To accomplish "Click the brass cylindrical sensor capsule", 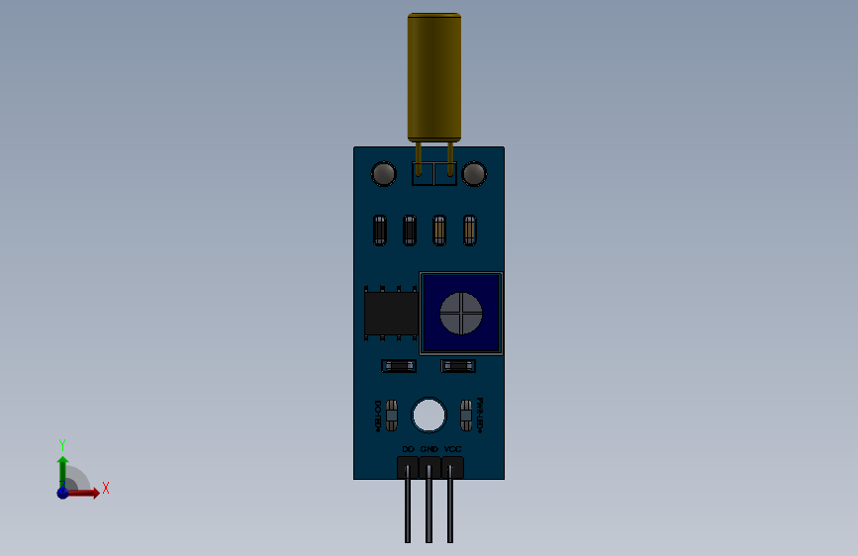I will pyautogui.click(x=433, y=76).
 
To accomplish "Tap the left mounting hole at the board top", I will pyautogui.click(x=383, y=174).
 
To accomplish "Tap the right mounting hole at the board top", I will pyautogui.click(x=474, y=174).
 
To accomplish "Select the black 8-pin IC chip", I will pyautogui.click(x=390, y=312).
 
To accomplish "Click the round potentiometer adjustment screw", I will pyautogui.click(x=461, y=314).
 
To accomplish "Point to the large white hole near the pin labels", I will pyautogui.click(x=429, y=415).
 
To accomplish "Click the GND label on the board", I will pyautogui.click(x=429, y=449).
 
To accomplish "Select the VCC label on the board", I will pyautogui.click(x=452, y=449).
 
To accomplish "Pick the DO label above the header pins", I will pyautogui.click(x=407, y=449).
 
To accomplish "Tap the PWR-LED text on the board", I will pyautogui.click(x=480, y=416).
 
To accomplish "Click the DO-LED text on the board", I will pyautogui.click(x=377, y=416).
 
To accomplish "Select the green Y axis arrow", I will pyautogui.click(x=62, y=466).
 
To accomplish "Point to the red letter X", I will pyautogui.click(x=105, y=488).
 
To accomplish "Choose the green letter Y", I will pyautogui.click(x=61, y=444).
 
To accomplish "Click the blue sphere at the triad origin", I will pyautogui.click(x=62, y=492).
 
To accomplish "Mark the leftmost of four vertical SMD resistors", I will pyautogui.click(x=379, y=231).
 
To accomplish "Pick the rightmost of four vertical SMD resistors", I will pyautogui.click(x=469, y=231).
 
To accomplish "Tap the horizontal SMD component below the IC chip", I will pyautogui.click(x=399, y=366).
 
